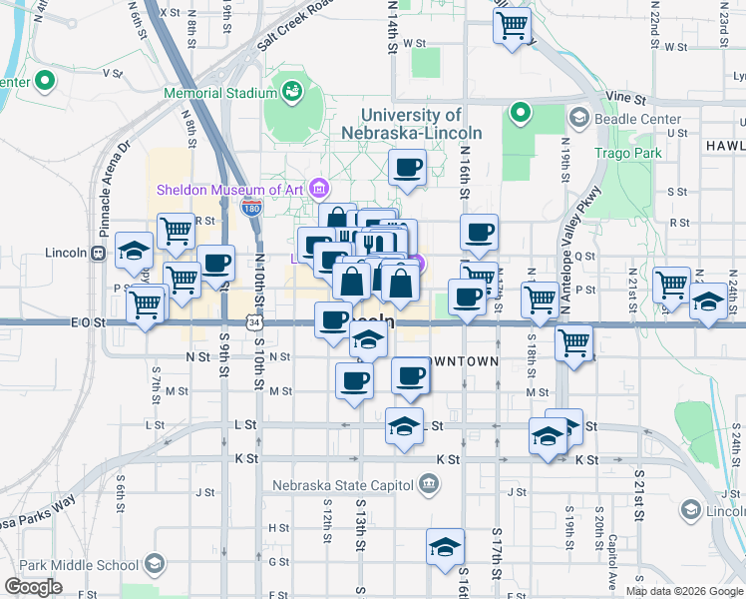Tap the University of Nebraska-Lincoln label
(x=411, y=125)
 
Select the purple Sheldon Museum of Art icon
(x=319, y=187)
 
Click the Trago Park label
(x=628, y=153)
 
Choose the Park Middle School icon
(x=155, y=565)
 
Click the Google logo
(x=34, y=587)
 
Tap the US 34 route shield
(x=255, y=322)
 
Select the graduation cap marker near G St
(x=445, y=546)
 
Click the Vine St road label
(x=626, y=99)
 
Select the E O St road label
(x=88, y=322)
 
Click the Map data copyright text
(x=684, y=591)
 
